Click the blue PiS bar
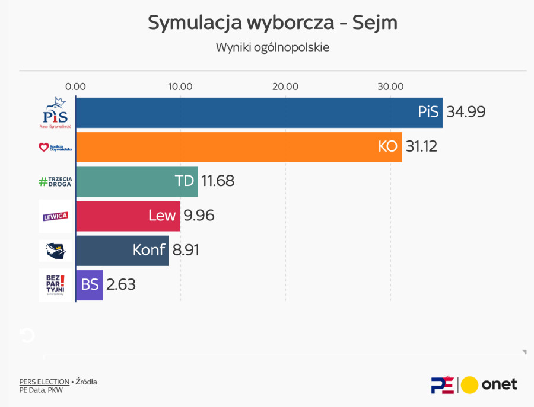point(259,113)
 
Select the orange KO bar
point(239,147)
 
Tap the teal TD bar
point(136,181)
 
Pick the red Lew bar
point(128,216)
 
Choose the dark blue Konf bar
point(122,250)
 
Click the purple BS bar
point(89,284)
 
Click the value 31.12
point(421,146)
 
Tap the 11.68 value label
point(218,181)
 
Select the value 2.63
point(121,284)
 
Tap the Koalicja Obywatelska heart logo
point(55,148)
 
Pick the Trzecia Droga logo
point(55,182)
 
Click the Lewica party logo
point(55,216)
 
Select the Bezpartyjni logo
point(55,284)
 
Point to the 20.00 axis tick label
point(285,86)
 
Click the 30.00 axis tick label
point(390,86)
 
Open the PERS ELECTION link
point(44,382)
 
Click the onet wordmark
point(499,384)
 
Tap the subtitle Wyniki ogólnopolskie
point(272,47)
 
